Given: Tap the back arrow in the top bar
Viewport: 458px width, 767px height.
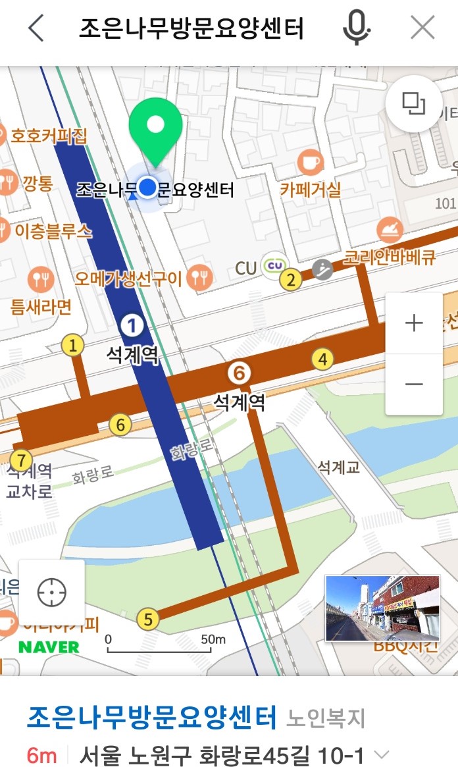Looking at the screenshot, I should (36, 29).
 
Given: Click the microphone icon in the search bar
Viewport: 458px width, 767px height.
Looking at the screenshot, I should (356, 29).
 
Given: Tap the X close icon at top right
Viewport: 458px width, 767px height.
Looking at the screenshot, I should (422, 29).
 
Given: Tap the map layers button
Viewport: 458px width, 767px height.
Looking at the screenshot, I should (414, 103).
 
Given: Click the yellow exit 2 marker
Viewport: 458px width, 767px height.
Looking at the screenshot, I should (290, 280).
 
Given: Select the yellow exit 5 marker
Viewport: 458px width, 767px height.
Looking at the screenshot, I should (148, 619).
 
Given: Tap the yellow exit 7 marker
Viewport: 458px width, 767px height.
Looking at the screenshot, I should (21, 459).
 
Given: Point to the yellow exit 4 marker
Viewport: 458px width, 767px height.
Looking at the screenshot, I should (322, 359).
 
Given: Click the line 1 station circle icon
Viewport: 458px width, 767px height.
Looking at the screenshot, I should (132, 325).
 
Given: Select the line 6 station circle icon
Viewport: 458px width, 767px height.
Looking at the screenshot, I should (240, 373).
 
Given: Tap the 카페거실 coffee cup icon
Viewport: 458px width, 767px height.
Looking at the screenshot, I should (310, 162).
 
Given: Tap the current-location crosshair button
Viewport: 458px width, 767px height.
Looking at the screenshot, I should (52, 593).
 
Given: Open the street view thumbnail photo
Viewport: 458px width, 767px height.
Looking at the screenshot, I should (382, 608).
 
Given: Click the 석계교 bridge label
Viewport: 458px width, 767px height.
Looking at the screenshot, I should (338, 467).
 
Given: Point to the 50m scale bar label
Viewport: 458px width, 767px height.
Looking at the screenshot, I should (213, 639).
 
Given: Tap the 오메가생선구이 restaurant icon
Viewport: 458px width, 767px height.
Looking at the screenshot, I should (199, 278).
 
